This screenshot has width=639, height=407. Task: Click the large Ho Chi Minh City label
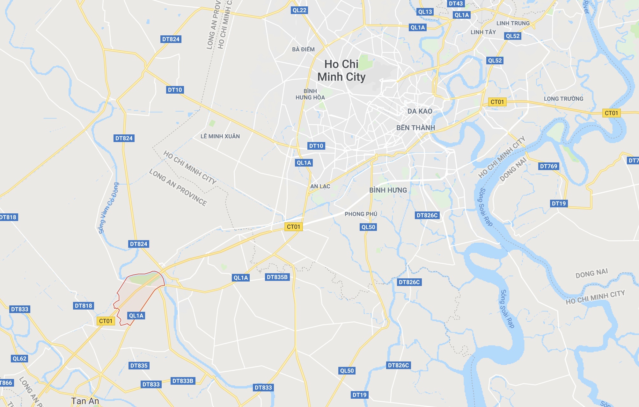[x=341, y=71]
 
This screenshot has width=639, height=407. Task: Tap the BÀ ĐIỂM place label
[x=303, y=49]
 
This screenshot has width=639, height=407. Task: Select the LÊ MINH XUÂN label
[x=220, y=136]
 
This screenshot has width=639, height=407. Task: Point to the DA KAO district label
[x=420, y=111]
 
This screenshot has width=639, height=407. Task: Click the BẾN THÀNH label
[x=415, y=128]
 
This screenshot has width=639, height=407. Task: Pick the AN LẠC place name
[x=320, y=186]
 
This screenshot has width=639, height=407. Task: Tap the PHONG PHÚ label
[x=361, y=214]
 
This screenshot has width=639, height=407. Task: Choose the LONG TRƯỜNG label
[x=563, y=99]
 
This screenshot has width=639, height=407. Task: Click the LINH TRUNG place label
[x=513, y=23]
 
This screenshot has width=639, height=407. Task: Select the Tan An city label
[x=85, y=401]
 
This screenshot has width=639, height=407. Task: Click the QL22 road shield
[x=299, y=10]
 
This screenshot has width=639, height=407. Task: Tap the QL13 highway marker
[x=425, y=12]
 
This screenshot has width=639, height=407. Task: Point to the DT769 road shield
[x=548, y=166]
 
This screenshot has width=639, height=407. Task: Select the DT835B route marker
[x=277, y=277]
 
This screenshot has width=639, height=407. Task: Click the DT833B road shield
[x=183, y=381]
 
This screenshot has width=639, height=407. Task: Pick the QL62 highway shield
[x=19, y=359]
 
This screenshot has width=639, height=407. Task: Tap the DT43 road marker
[x=456, y=4]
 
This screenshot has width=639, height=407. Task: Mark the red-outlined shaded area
[x=137, y=296]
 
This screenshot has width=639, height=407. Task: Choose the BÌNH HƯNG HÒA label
[x=310, y=94]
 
